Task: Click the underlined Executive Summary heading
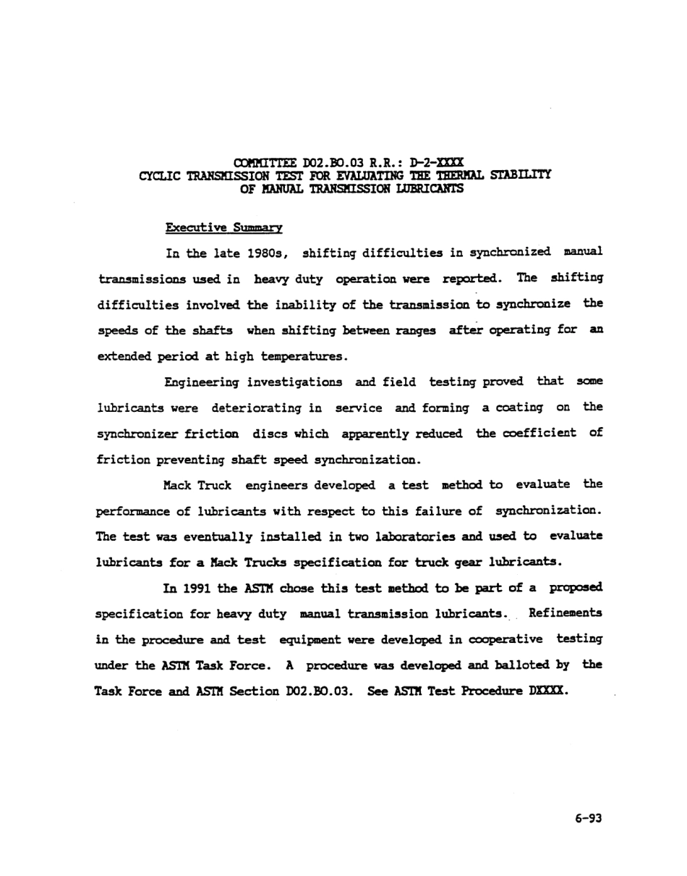[223, 227]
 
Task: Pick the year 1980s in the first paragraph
[268, 253]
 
